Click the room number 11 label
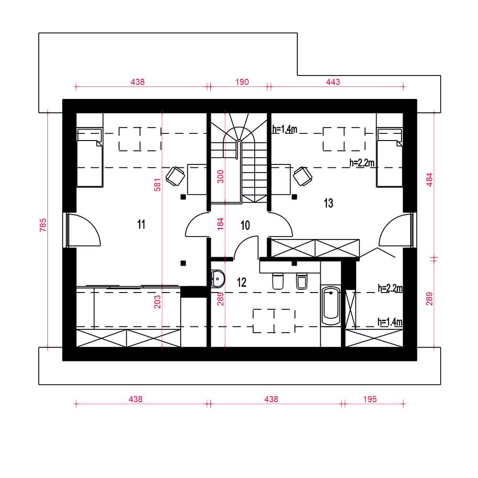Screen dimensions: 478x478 [x=141, y=224]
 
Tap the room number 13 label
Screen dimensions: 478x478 [x=328, y=203]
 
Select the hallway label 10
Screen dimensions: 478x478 [x=245, y=225]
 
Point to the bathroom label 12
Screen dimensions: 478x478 [x=241, y=282]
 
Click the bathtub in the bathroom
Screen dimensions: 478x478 [x=331, y=306]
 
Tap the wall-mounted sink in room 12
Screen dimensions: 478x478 [x=218, y=279]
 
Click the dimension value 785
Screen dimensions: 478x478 [x=43, y=225]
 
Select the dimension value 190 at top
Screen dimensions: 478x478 [x=242, y=82]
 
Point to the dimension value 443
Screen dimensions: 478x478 [x=333, y=82]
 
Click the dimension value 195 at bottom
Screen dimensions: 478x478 [x=370, y=399]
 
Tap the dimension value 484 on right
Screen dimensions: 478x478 [x=429, y=180]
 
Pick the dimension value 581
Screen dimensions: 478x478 [x=157, y=185]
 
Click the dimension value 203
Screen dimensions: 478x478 [x=157, y=302]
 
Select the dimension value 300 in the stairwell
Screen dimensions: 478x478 [x=220, y=176]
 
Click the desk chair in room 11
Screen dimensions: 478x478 [x=175, y=176]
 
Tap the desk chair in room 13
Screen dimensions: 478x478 [x=303, y=176]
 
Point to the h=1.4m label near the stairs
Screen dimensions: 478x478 [x=285, y=129]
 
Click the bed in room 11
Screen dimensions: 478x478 [x=90, y=157]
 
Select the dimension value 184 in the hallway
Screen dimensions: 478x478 [x=220, y=223]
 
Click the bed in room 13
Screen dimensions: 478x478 [x=389, y=157]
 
